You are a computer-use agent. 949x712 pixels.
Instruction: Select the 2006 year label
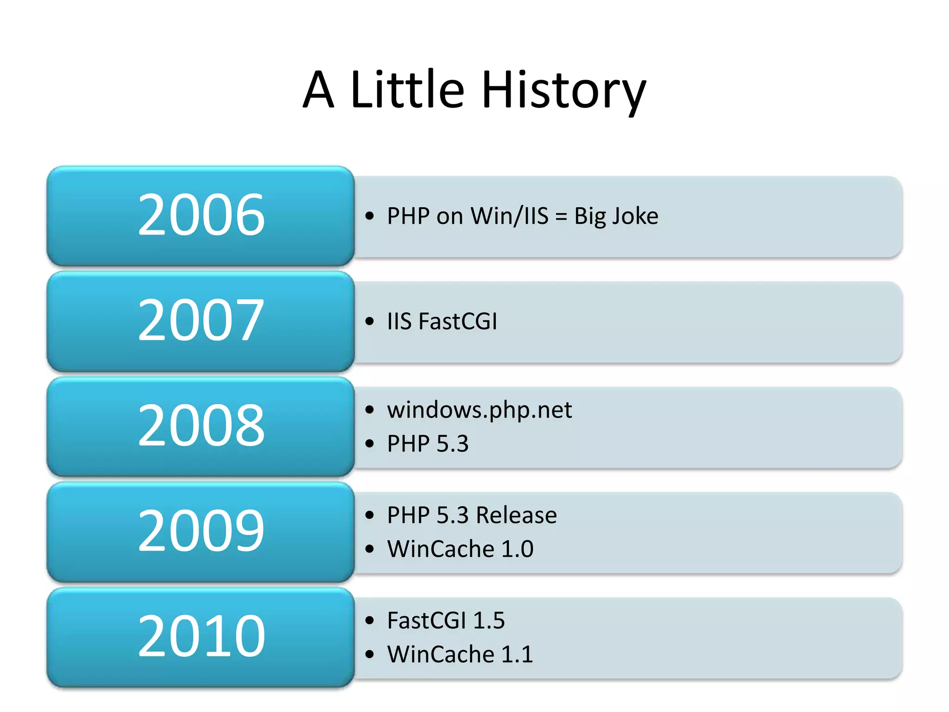point(201,215)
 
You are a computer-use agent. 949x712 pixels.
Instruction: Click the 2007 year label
point(201,320)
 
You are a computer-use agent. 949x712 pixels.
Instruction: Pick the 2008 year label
point(201,425)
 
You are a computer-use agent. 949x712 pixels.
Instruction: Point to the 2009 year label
point(201,530)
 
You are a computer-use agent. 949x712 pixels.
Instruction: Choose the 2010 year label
point(201,636)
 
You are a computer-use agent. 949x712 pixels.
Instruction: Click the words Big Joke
point(616,216)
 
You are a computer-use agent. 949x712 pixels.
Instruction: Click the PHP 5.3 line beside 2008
point(427,444)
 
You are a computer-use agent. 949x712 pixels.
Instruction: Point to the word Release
point(516,515)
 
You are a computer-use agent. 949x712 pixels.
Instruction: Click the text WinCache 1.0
point(460,549)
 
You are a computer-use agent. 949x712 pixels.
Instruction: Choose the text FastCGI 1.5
point(445,621)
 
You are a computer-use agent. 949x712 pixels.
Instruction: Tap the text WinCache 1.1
point(460,655)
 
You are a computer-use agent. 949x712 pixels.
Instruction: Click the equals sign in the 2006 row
point(561,216)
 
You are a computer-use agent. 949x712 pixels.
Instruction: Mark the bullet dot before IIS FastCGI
point(369,321)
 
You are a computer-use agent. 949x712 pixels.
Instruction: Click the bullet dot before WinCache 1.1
point(369,655)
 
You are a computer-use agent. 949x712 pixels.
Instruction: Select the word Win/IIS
point(509,216)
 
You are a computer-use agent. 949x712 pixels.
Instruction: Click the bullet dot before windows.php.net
point(369,410)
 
